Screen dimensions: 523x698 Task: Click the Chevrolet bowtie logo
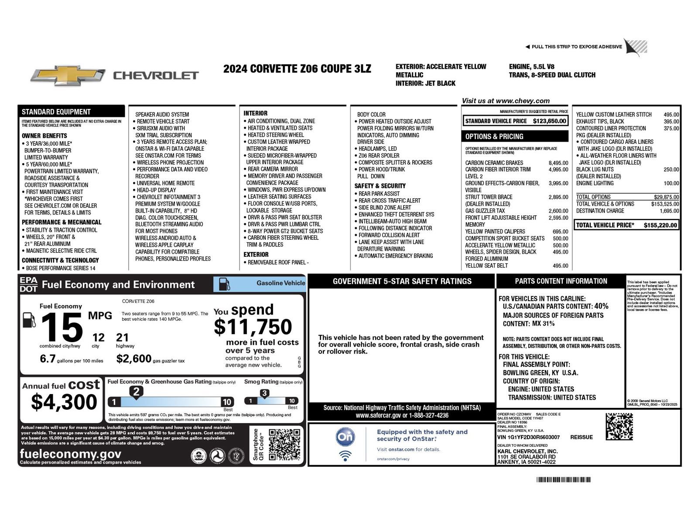pyautogui.click(x=68, y=75)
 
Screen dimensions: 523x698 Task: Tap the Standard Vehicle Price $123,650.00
pyautogui.click(x=549, y=121)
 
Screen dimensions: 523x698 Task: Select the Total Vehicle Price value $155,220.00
pyautogui.click(x=660, y=225)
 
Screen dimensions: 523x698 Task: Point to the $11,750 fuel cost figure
pyautogui.click(x=253, y=327)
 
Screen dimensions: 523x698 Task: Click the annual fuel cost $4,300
pyautogui.click(x=64, y=402)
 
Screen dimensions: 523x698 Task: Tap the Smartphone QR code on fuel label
pyautogui.click(x=284, y=445)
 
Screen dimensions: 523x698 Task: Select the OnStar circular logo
pyautogui.click(x=345, y=437)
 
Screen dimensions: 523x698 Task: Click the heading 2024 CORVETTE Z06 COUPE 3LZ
pyautogui.click(x=297, y=69)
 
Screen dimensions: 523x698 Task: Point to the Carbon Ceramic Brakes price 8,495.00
pyautogui.click(x=558, y=163)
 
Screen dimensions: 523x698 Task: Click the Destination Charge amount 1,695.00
pyautogui.click(x=669, y=211)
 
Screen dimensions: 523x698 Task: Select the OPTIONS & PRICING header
pyautogui.click(x=494, y=136)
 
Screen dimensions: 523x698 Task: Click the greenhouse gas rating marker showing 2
pyautogui.click(x=136, y=392)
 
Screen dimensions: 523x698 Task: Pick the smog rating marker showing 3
pyautogui.click(x=264, y=394)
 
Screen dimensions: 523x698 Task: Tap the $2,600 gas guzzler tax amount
pyautogui.click(x=133, y=359)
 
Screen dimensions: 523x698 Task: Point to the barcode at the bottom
pyautogui.click(x=564, y=480)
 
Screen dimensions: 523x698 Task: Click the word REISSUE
pyautogui.click(x=582, y=437)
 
